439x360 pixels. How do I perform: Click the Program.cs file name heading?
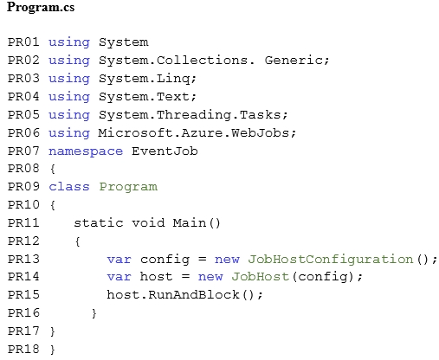pyautogui.click(x=41, y=7)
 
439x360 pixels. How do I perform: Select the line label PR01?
pyautogui.click(x=23, y=42)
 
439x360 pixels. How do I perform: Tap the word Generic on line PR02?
pyautogui.click(x=294, y=61)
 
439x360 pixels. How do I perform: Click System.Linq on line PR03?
pyautogui.click(x=145, y=79)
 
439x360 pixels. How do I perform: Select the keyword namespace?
pyautogui.click(x=86, y=151)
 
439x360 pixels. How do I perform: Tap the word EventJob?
pyautogui.click(x=165, y=151)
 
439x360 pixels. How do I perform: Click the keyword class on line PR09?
pyautogui.click(x=69, y=187)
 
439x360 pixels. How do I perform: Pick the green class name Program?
pyautogui.click(x=128, y=187)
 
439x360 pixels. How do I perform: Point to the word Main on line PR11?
pyautogui.click(x=190, y=223)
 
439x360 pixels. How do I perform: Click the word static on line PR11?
pyautogui.click(x=99, y=223)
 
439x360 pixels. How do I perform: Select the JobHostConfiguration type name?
pyautogui.click(x=331, y=260)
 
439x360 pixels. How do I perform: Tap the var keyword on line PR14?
pyautogui.click(x=119, y=277)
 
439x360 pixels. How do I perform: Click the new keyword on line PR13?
pyautogui.click(x=227, y=260)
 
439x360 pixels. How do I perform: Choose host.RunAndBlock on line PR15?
pyautogui.click(x=173, y=295)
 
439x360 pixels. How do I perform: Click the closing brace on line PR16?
pyautogui.click(x=94, y=313)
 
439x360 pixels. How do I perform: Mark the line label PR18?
pyautogui.click(x=23, y=349)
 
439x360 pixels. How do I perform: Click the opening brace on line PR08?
pyautogui.click(x=53, y=169)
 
